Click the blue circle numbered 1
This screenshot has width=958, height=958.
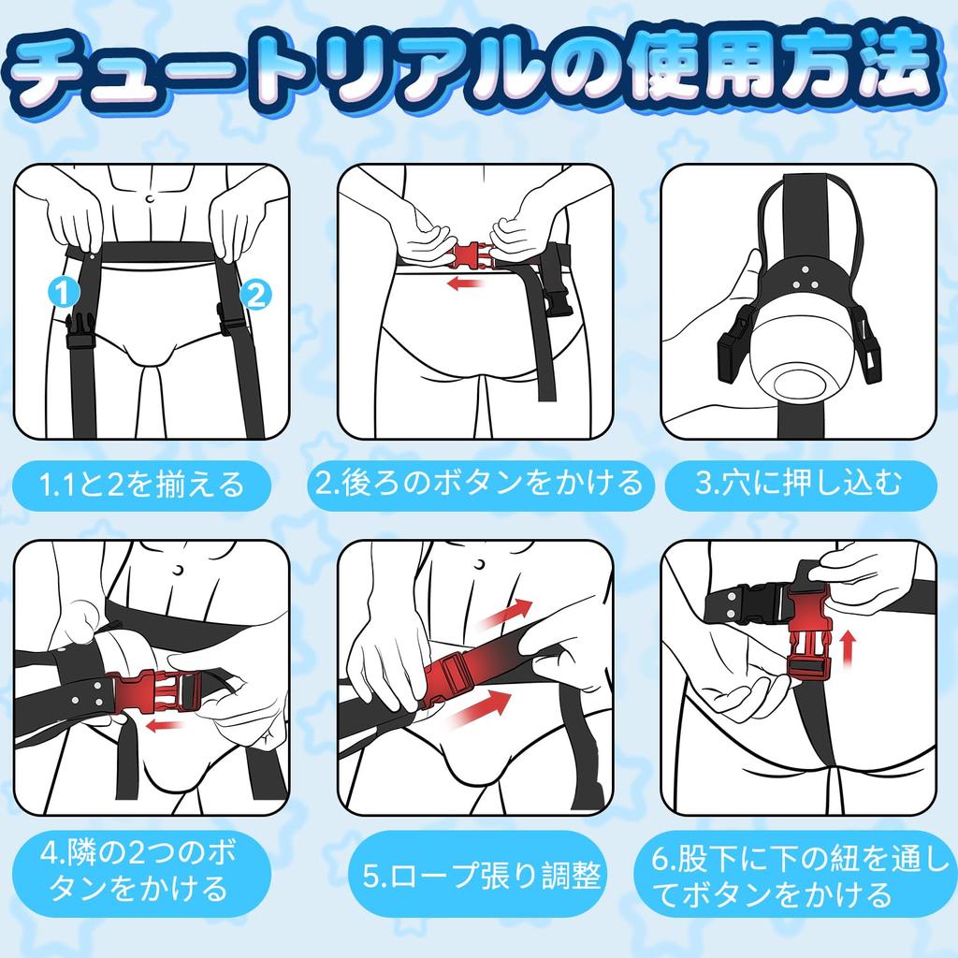click(x=62, y=294)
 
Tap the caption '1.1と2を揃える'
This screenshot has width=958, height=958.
click(x=142, y=485)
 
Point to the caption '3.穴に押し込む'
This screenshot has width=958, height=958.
click(x=800, y=485)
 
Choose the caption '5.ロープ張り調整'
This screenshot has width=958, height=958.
click(x=481, y=878)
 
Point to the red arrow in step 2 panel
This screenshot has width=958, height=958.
click(x=464, y=283)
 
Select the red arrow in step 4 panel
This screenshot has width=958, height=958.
click(x=165, y=725)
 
